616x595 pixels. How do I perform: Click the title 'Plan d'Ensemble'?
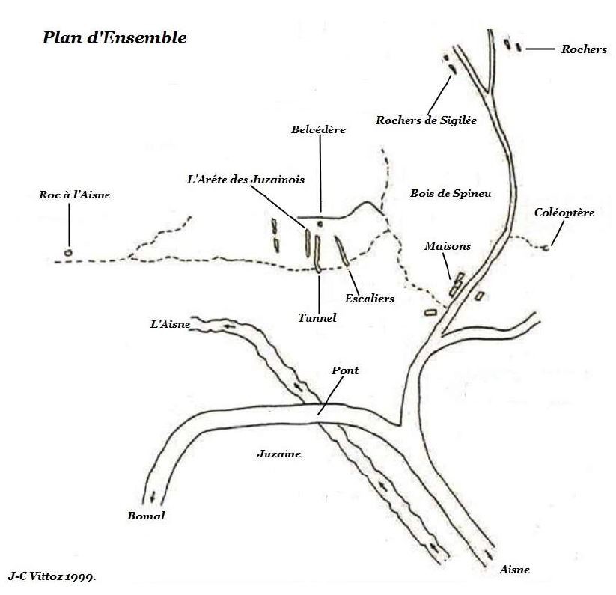click(115, 37)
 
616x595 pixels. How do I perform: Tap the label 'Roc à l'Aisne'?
click(74, 195)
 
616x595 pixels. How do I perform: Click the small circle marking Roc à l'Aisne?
click(68, 253)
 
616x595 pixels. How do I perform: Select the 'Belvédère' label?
click(318, 129)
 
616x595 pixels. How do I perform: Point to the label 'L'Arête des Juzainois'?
click(246, 180)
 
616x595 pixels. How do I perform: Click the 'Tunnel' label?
click(317, 318)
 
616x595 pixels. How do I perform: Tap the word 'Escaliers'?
click(370, 299)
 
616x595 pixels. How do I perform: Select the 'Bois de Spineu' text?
click(451, 193)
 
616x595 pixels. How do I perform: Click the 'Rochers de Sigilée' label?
click(426, 120)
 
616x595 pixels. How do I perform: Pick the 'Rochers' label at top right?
click(584, 49)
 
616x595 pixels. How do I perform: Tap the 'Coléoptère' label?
click(564, 213)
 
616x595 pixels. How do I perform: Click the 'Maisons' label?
click(448, 246)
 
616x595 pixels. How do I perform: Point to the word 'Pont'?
click(345, 370)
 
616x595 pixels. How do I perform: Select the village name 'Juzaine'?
click(279, 454)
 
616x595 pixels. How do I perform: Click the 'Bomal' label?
click(146, 516)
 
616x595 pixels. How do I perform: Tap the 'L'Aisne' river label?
click(170, 324)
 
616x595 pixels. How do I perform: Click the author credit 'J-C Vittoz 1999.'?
click(52, 576)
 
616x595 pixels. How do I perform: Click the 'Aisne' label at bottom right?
click(515, 570)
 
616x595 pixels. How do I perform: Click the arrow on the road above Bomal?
click(153, 497)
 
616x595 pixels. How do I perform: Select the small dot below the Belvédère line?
click(320, 224)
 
